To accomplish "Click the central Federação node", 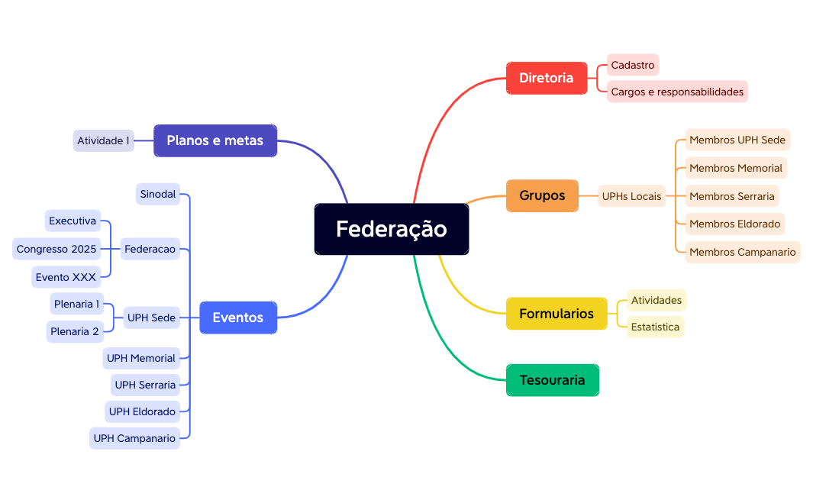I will (x=392, y=229).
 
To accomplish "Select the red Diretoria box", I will (x=547, y=78).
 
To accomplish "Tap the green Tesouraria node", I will (x=552, y=380).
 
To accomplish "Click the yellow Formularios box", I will (x=557, y=314).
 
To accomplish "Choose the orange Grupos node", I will (x=542, y=195).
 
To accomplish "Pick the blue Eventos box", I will (x=238, y=318).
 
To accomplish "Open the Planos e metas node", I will (x=215, y=140).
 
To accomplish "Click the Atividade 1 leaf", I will (x=104, y=140).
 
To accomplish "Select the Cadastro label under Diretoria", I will (x=633, y=65).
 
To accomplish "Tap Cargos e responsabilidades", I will (x=677, y=92).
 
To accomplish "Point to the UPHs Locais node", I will (x=632, y=196).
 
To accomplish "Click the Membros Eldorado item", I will (x=734, y=224).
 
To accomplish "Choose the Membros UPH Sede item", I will (x=737, y=140).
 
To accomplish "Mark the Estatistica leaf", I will (x=655, y=327).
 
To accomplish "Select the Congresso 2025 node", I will (x=56, y=249).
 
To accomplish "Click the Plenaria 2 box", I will (x=75, y=331).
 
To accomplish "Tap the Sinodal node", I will (x=158, y=194).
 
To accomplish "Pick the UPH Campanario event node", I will (x=134, y=438).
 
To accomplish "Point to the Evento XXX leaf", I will (x=66, y=277).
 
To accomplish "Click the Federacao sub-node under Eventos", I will (x=150, y=249).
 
